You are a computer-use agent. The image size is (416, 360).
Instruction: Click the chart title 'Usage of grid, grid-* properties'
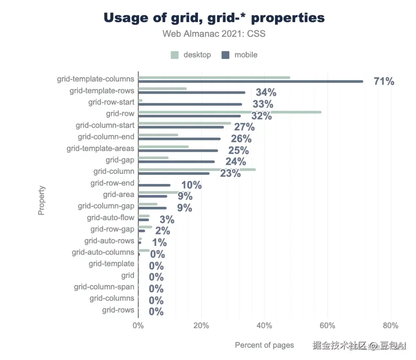214,18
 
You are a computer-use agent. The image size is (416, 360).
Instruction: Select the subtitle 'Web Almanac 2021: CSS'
214,34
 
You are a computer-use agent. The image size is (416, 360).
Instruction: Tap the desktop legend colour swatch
175,55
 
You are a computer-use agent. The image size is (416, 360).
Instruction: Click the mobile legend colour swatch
226,55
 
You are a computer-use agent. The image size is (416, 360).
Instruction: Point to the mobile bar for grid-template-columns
250,81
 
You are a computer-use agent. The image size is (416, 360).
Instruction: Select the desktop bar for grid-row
230,112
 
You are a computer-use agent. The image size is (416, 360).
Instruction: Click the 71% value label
384,81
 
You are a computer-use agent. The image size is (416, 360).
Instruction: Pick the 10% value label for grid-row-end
191,185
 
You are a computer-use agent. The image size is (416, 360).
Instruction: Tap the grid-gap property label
120,160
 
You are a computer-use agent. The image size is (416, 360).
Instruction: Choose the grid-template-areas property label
100,148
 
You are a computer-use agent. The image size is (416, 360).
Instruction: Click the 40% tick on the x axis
264,326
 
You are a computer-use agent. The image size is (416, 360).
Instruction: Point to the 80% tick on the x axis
390,326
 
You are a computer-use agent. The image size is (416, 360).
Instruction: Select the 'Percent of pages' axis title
264,345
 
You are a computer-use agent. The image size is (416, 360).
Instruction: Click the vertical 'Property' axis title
42,200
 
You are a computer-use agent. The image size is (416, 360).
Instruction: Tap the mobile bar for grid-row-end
154,185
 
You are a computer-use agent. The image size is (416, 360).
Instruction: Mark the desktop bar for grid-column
197,169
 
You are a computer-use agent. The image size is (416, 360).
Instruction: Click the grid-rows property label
118,310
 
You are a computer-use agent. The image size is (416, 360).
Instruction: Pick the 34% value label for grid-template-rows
266,93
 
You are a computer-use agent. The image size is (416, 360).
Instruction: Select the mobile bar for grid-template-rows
192,93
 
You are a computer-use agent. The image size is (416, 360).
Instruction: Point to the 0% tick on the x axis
138,326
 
